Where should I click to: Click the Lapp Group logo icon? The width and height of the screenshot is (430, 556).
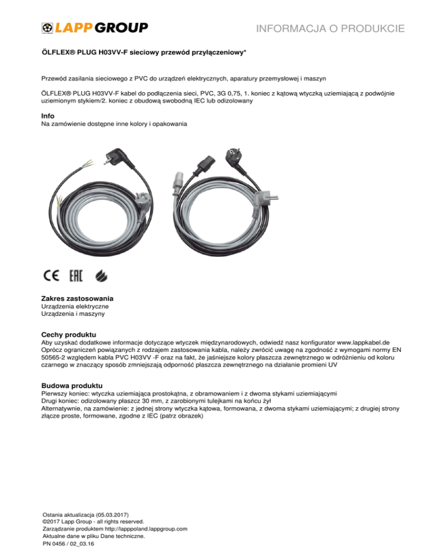pyautogui.click(x=49, y=27)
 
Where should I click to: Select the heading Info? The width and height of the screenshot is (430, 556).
pyautogui.click(x=49, y=116)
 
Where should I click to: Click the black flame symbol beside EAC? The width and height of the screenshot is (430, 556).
pyautogui.click(x=99, y=275)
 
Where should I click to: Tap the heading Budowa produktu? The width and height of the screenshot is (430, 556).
pyautogui.click(x=72, y=385)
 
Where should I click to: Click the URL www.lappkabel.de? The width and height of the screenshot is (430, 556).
pyautogui.click(x=366, y=342)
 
